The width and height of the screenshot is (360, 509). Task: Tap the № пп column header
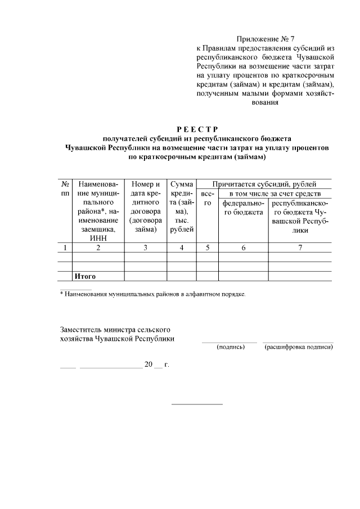click(65, 188)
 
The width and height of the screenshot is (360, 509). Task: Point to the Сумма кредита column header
click(182, 206)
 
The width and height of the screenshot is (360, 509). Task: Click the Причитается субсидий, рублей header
click(264, 184)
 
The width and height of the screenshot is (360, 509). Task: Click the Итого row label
click(85, 276)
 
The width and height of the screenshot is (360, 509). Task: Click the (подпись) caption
click(231, 346)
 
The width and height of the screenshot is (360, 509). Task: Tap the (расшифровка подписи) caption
click(298, 346)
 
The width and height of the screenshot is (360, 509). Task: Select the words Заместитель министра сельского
click(115, 330)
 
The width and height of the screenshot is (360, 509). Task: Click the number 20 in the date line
click(148, 364)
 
